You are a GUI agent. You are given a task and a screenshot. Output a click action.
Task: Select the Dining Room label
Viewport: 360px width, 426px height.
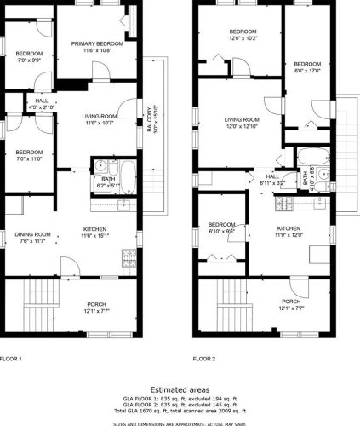(x=32, y=238)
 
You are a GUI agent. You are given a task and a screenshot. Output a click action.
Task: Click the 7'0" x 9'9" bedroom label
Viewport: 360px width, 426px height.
(x=27, y=54)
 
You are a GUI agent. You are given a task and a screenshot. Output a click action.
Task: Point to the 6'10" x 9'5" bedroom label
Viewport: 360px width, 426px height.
(x=220, y=227)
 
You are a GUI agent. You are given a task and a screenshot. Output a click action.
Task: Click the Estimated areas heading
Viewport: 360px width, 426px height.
(x=180, y=387)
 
